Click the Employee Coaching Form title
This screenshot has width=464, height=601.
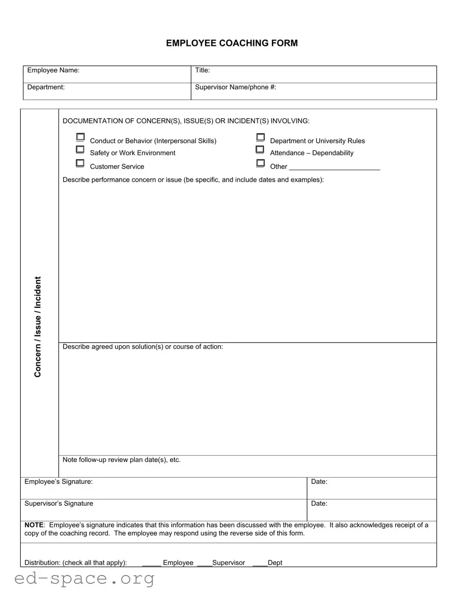pyautogui.click(x=232, y=43)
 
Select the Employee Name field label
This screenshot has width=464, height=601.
pyautogui.click(x=53, y=70)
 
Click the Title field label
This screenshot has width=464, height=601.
pyautogui.click(x=202, y=70)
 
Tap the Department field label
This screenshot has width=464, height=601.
pyautogui.click(x=46, y=87)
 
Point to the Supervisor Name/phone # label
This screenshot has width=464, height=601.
pyautogui.click(x=235, y=87)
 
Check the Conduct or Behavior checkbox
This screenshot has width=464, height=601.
pyautogui.click(x=80, y=137)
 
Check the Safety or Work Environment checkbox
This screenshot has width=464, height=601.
pyautogui.click(x=80, y=149)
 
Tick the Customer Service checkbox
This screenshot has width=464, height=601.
pyautogui.click(x=80, y=163)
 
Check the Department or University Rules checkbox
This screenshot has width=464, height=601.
pyautogui.click(x=260, y=137)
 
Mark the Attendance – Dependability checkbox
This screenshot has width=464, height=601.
pyautogui.click(x=260, y=149)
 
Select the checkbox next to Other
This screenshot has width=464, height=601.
pyautogui.click(x=260, y=163)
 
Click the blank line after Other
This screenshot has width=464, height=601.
pyautogui.click(x=334, y=168)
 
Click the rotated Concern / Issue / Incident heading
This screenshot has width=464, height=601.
pyautogui.click(x=38, y=327)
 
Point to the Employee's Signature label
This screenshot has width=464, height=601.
pyautogui.click(x=58, y=482)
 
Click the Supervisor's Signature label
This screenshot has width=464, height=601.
pyautogui.click(x=59, y=504)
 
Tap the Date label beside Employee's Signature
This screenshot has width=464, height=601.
pyautogui.click(x=319, y=482)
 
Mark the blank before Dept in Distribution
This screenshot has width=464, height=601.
pyautogui.click(x=260, y=564)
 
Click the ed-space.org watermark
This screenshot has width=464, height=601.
pyautogui.click(x=84, y=578)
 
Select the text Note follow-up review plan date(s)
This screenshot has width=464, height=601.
pyautogui.click(x=121, y=460)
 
